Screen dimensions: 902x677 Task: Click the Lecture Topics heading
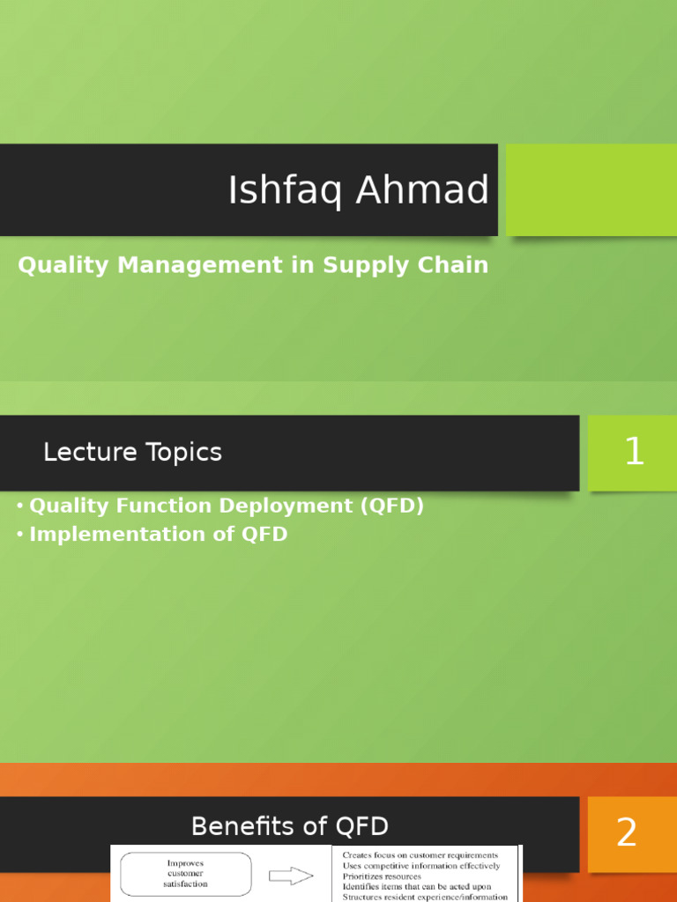[132, 453]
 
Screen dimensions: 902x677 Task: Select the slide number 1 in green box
[634, 453]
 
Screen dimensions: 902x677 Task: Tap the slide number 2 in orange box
[627, 832]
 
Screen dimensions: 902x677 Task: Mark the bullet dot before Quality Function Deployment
[19, 506]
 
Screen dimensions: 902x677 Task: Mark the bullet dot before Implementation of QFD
[19, 535]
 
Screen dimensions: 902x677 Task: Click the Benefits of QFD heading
[289, 826]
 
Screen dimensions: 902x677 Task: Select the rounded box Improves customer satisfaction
[183, 874]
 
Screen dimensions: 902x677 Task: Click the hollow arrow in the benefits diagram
[291, 876]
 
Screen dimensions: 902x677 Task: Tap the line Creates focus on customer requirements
[420, 854]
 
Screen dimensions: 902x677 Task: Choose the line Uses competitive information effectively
[420, 866]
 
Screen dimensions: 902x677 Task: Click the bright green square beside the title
[591, 189]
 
